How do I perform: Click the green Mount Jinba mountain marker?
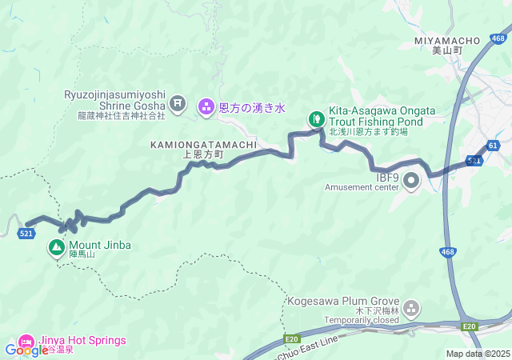point(57,248)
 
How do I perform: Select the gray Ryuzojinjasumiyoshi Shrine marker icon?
point(178,103)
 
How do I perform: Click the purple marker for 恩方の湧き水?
point(206,106)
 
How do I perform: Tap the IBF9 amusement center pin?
point(411,181)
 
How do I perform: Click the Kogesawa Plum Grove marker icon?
point(411,307)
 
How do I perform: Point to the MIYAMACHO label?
point(447,40)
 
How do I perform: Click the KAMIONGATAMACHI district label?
point(203,144)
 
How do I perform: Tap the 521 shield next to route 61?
point(474,161)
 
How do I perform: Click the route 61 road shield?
point(492,146)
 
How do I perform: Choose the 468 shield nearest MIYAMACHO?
point(498,38)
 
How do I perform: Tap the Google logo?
point(26,350)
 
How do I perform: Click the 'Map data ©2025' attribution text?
point(478,354)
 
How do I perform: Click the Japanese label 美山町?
point(447,50)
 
